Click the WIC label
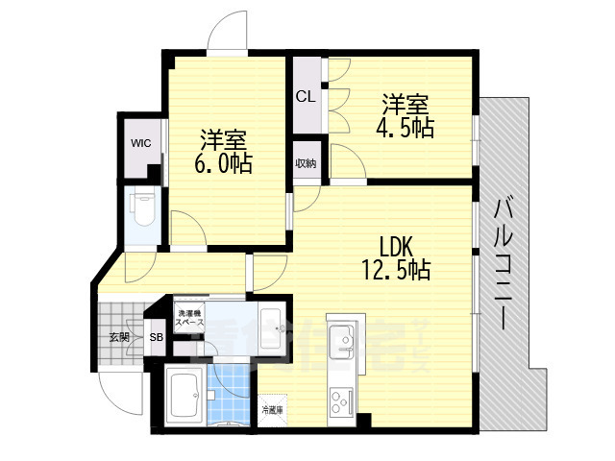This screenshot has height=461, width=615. pyautogui.click(x=141, y=144)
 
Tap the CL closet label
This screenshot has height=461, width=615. pyautogui.click(x=306, y=96)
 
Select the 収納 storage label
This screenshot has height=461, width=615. pyautogui.click(x=307, y=163)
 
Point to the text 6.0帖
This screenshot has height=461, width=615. pyautogui.click(x=223, y=163)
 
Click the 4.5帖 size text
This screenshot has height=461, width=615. pyautogui.click(x=405, y=127)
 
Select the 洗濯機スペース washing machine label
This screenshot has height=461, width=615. pyautogui.click(x=188, y=319)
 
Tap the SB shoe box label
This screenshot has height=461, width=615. pyautogui.click(x=156, y=337)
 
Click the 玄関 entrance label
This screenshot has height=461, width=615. pyautogui.click(x=118, y=336)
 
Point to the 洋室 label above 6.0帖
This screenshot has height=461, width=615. pyautogui.click(x=223, y=137)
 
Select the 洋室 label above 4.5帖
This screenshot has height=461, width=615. pyautogui.click(x=405, y=103)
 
